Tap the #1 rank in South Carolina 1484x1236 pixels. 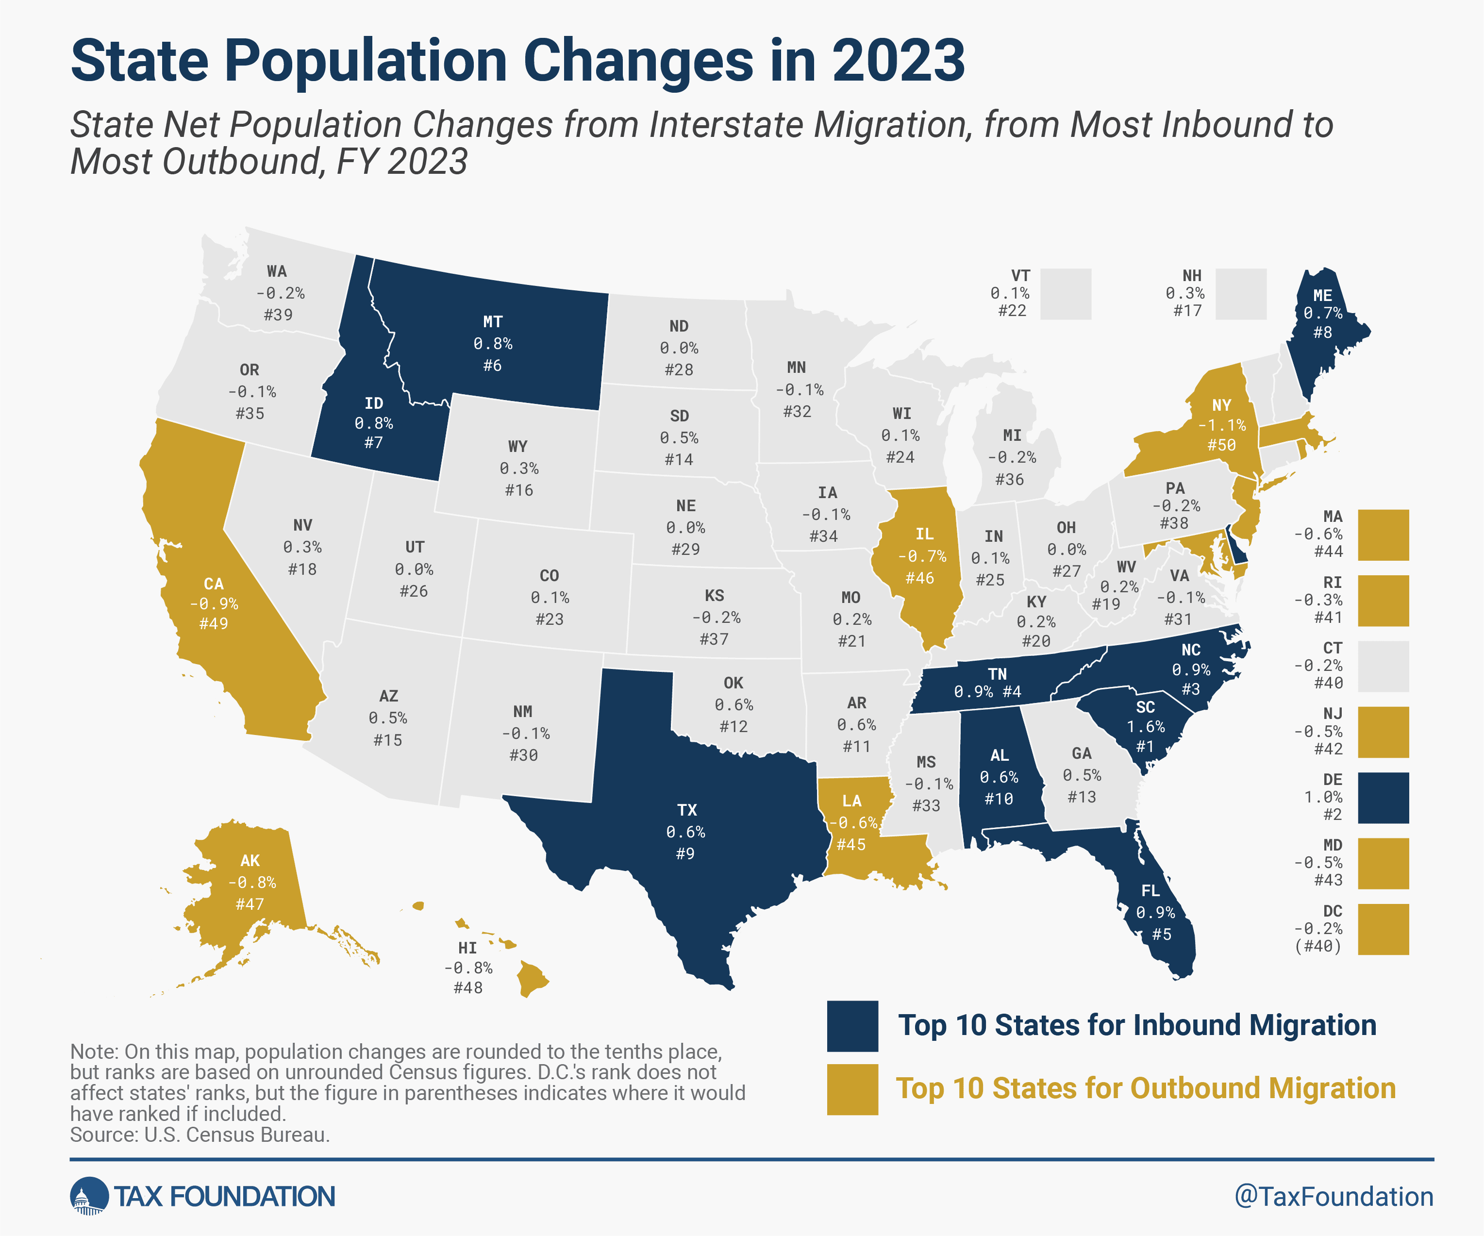coord(1145,746)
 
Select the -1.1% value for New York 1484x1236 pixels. coord(1222,425)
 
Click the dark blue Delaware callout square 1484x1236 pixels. coord(1383,798)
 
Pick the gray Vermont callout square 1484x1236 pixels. coord(1066,294)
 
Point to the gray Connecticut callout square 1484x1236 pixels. coord(1383,667)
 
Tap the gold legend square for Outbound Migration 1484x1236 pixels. coord(852,1089)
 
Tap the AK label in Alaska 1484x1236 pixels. coord(250,861)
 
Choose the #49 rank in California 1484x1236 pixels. coord(214,623)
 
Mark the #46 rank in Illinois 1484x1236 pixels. coord(919,578)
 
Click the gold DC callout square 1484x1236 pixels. coord(1383,929)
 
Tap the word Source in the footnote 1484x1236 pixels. coord(103,1135)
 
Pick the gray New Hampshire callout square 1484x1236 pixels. coord(1241,294)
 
